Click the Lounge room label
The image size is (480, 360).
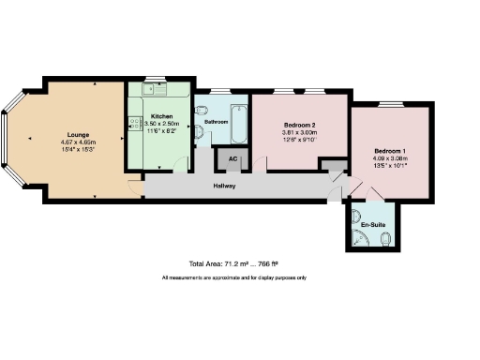click(77, 133)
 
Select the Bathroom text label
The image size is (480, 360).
click(217, 122)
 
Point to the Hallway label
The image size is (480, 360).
click(223, 187)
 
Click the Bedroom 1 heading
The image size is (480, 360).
click(390, 151)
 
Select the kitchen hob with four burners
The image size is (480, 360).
click(131, 123)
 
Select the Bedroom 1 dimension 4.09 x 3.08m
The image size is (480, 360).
click(390, 159)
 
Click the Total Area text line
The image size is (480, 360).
click(234, 264)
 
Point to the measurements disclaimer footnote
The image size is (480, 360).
click(234, 278)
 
